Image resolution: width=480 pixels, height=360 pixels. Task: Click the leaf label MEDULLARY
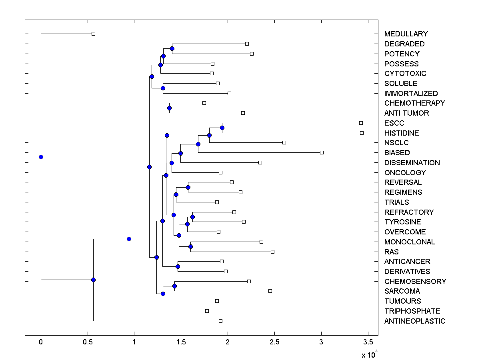[x=406, y=34]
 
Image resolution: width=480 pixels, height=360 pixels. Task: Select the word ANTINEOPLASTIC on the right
[x=414, y=321]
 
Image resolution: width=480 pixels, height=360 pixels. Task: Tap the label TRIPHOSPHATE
[x=412, y=311]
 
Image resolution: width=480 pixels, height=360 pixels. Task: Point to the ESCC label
[x=394, y=123]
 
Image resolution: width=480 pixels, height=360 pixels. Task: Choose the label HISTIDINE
[x=402, y=133]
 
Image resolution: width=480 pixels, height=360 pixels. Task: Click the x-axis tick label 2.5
[x=274, y=342]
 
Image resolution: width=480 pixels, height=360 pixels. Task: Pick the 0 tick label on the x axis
[x=41, y=342]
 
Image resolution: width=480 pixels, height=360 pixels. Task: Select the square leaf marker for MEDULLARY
[x=93, y=34]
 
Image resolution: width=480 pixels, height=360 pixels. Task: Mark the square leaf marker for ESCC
[x=361, y=123]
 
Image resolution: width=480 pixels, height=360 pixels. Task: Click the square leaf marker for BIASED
[x=322, y=152]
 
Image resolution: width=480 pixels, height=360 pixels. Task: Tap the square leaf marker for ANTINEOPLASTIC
[x=220, y=321]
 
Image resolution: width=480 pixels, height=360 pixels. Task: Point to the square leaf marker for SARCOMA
[x=270, y=291]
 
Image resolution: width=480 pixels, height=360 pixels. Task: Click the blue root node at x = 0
[x=41, y=157]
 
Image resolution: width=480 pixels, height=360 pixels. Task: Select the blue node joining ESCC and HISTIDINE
[x=222, y=128]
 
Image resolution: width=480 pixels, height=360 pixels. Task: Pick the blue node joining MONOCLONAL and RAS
[x=190, y=246]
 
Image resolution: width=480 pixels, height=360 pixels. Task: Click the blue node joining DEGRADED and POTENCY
[x=172, y=48]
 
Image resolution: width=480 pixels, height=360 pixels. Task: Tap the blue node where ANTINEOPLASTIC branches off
[x=93, y=280]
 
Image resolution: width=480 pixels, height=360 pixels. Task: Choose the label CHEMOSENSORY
[x=415, y=282]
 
